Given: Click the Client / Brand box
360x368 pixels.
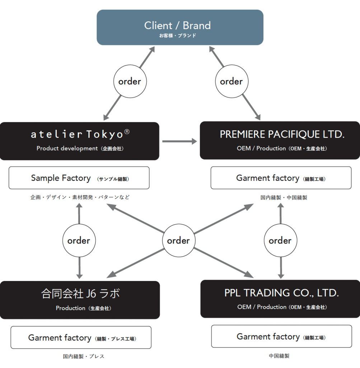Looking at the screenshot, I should (x=180, y=27).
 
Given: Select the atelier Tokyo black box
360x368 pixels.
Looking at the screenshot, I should (x=80, y=141).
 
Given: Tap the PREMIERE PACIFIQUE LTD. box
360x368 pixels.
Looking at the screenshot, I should (x=280, y=140).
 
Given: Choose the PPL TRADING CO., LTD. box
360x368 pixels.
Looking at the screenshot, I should (x=280, y=299).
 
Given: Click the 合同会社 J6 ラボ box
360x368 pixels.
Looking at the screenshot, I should (x=80, y=300).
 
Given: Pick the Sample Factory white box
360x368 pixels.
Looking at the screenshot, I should (x=79, y=178).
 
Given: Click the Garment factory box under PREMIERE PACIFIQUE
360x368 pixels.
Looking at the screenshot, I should (x=281, y=178).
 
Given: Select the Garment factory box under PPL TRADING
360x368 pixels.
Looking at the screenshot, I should (x=281, y=336).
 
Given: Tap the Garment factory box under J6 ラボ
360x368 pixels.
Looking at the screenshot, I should (x=81, y=337).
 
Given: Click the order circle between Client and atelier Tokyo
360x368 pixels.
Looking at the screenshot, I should (x=130, y=82).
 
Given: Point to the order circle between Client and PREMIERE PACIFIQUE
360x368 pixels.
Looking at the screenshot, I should (x=231, y=82).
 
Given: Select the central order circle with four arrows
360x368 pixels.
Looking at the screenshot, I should (x=178, y=240).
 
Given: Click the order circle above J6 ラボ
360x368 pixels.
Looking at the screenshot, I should (x=79, y=240).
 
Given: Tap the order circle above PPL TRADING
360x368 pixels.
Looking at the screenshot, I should (x=280, y=240).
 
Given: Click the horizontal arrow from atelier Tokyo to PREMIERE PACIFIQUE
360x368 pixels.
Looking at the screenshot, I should (x=179, y=141).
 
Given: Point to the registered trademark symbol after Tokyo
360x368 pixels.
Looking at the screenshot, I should (x=127, y=132).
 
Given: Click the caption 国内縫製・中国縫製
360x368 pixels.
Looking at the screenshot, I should (x=284, y=197).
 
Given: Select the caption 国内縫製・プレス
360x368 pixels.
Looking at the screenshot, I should (x=84, y=356).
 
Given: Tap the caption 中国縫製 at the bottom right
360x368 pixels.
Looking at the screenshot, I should (x=279, y=356).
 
